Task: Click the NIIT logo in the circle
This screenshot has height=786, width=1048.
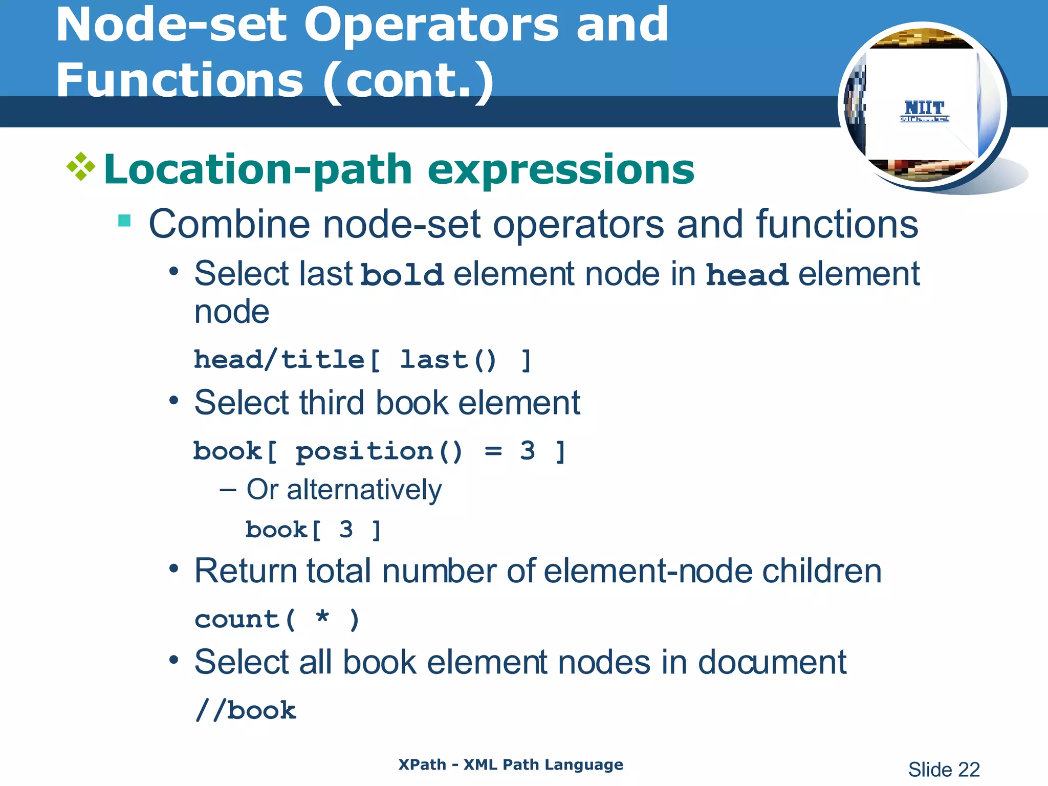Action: click(x=924, y=110)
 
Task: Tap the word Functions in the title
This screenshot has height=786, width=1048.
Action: click(x=180, y=81)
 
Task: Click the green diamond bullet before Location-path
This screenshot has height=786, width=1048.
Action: click(x=81, y=167)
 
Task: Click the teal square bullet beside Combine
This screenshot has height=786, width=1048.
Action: click(x=124, y=221)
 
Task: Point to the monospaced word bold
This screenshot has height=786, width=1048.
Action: click(x=402, y=275)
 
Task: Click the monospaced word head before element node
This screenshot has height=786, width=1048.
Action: click(x=747, y=275)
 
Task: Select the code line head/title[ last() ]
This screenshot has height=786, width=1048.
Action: click(x=363, y=360)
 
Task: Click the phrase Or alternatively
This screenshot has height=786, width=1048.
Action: click(x=344, y=490)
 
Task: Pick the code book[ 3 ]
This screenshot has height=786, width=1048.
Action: click(x=313, y=530)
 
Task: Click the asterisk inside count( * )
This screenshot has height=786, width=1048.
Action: click(x=322, y=616)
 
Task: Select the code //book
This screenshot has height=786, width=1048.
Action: click(x=246, y=710)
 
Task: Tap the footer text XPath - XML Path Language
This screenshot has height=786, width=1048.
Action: click(x=511, y=765)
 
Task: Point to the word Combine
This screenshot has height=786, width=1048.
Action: click(x=229, y=224)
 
